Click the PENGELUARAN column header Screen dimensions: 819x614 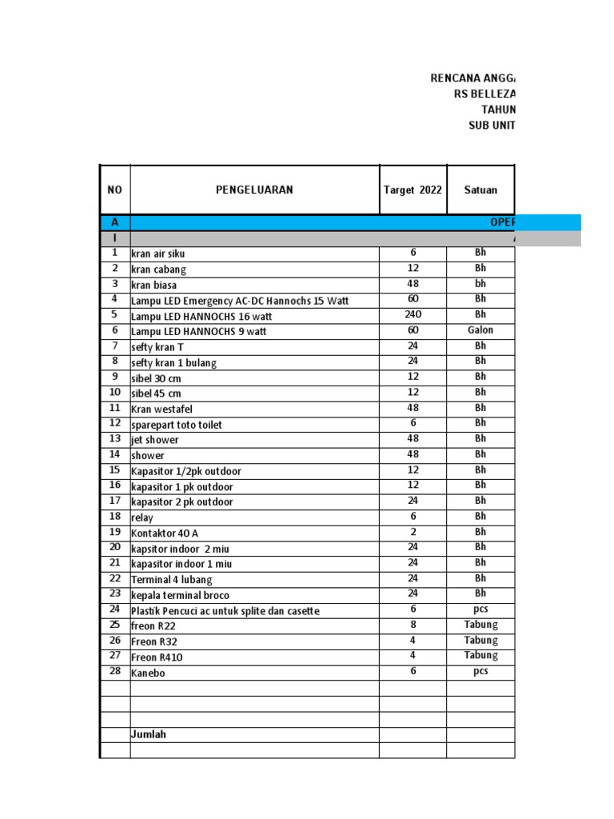tap(254, 190)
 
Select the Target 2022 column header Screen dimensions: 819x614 tap(413, 190)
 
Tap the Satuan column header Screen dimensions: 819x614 tap(480, 190)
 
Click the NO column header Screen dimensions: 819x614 tap(114, 190)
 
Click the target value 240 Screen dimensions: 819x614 tap(413, 315)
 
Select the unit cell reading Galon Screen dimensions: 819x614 tap(480, 330)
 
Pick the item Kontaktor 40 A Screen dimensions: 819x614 tap(165, 533)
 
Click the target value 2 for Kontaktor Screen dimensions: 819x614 tap(413, 532)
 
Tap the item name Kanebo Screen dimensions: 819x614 tap(148, 673)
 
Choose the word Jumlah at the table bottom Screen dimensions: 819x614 tap(149, 734)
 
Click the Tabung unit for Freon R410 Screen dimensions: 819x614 tap(480, 656)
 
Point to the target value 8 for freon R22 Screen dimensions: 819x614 tap(413, 625)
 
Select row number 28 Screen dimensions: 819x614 tap(114, 672)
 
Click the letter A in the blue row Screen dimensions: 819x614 tap(114, 223)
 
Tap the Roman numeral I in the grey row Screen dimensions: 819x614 tap(114, 238)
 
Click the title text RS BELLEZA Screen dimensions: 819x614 tap(484, 94)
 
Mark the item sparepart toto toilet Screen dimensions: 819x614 tap(177, 425)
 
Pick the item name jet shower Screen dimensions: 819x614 tap(155, 440)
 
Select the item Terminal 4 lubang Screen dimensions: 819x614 tap(172, 579)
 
